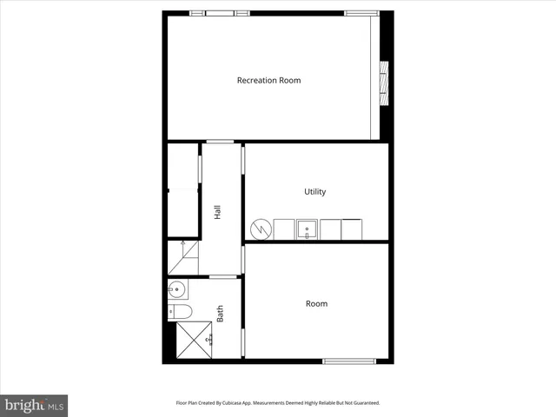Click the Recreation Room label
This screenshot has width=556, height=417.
pyautogui.click(x=268, y=81)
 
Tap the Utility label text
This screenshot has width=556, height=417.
pyautogui.click(x=314, y=192)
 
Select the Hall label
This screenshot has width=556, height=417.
pyautogui.click(x=217, y=211)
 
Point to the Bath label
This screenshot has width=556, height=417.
pyautogui.click(x=221, y=313)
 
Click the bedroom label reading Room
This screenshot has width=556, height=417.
pyautogui.click(x=316, y=304)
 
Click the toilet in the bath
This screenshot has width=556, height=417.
pyautogui.click(x=180, y=311)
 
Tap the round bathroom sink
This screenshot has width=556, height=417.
pyautogui.click(x=177, y=289)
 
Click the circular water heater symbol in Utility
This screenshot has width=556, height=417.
pyautogui.click(x=261, y=229)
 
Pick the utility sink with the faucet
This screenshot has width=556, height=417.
pyautogui.click(x=308, y=230)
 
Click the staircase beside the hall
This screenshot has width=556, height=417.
pyautogui.click(x=183, y=257)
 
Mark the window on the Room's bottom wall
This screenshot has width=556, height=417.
pyautogui.click(x=348, y=361)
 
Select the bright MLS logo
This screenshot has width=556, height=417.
pyautogui.click(x=34, y=405)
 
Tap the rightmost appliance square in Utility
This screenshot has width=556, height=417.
pyautogui.click(x=352, y=229)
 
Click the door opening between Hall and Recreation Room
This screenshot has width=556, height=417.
pyautogui.click(x=219, y=141)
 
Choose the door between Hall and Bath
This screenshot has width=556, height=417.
pyautogui.click(x=223, y=276)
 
